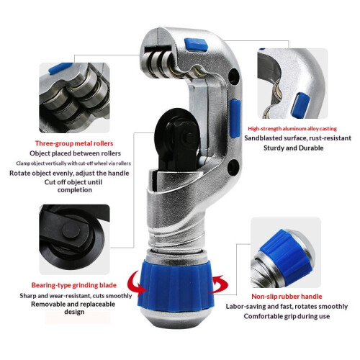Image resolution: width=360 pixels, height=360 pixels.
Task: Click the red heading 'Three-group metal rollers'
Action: (74, 143)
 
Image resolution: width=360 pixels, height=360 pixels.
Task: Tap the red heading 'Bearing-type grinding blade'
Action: (74, 285)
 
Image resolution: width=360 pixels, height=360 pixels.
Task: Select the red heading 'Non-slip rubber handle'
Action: (287, 297)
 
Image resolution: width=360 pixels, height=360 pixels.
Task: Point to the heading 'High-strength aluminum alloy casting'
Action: (292, 129)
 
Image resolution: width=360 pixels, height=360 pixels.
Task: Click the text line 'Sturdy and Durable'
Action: (294, 148)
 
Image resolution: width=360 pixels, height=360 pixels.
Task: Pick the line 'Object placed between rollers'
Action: (75, 153)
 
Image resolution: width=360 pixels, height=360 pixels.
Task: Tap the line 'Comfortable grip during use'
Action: (287, 316)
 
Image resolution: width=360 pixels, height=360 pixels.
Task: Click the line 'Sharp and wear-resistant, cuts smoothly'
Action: (76, 296)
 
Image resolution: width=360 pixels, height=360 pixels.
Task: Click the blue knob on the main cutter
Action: (176, 286)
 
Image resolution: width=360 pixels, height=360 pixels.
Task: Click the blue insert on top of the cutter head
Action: (196, 45)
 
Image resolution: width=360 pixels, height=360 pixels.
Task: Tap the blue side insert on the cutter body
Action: (235, 119)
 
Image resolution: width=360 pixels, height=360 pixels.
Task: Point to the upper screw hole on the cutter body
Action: (233, 76)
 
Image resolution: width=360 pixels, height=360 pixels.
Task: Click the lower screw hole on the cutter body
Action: (233, 167)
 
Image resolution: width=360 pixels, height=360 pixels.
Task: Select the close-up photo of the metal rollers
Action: (74, 98)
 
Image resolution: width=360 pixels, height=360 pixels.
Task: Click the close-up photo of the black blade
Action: (74, 240)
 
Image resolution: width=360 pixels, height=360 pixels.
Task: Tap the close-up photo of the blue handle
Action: (286, 253)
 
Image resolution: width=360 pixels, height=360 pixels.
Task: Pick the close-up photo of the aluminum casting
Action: (292, 84)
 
